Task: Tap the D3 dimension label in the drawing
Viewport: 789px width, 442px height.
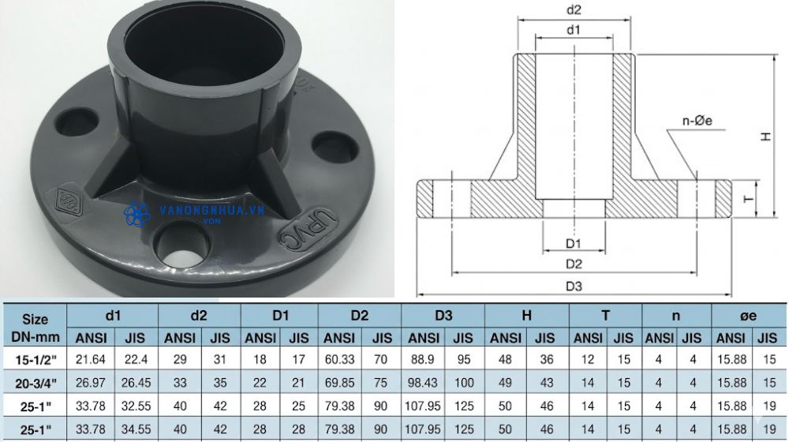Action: click(574, 286)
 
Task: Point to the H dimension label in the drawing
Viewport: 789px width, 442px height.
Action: click(765, 137)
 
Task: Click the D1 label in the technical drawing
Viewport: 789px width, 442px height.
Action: click(574, 242)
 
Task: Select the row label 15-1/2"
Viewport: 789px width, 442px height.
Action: click(35, 361)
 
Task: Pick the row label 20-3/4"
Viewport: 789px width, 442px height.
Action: click(35, 384)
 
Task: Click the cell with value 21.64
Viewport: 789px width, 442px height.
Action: click(92, 361)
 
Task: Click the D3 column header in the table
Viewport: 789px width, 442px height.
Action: click(443, 316)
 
